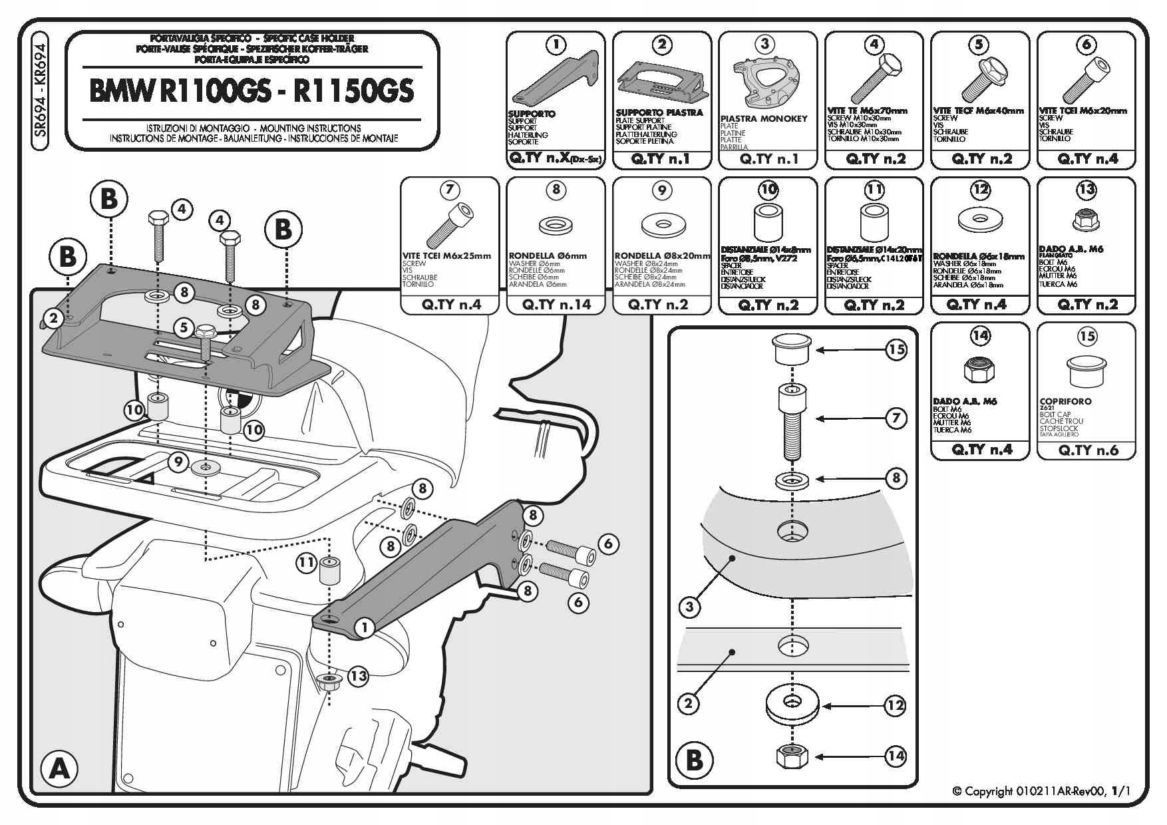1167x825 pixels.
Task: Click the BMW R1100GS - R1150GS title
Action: pos(251,91)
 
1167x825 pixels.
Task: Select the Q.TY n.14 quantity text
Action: pos(556,305)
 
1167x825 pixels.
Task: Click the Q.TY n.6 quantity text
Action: pos(1087,450)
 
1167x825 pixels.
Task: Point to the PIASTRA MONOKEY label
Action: pos(764,118)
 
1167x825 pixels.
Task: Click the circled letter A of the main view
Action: pos(59,768)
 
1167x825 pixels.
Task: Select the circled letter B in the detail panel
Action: pos(694,759)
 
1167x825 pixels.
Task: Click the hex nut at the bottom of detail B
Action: pos(791,756)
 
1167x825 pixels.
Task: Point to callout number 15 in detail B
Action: pos(897,349)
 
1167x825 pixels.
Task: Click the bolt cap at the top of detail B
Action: pos(791,349)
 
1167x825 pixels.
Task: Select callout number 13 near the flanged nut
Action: pos(358,676)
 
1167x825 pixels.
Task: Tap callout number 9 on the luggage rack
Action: pos(178,461)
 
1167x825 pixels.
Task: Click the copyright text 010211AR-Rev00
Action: pos(1041,791)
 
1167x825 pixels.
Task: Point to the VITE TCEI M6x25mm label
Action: pos(446,255)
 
